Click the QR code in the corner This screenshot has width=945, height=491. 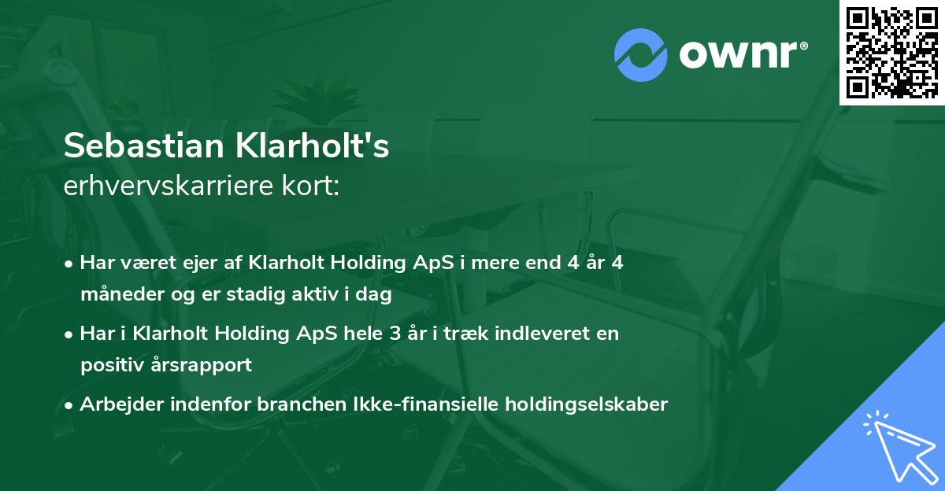[x=891, y=52]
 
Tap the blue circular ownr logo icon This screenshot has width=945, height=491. [x=641, y=55]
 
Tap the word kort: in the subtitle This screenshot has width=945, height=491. [x=313, y=186]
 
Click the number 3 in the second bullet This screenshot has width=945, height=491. [x=394, y=334]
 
